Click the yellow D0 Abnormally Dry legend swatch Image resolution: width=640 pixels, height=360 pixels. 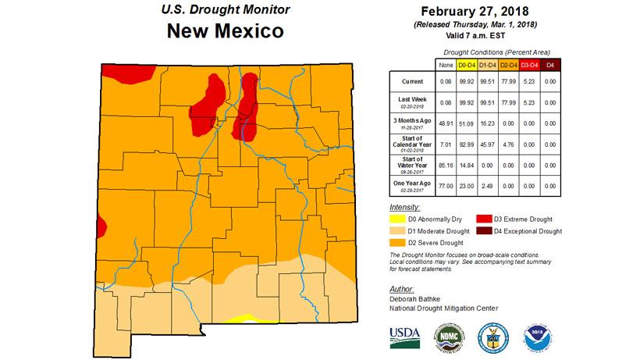(x=399, y=219)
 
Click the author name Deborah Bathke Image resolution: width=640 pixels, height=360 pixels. (x=418, y=298)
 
